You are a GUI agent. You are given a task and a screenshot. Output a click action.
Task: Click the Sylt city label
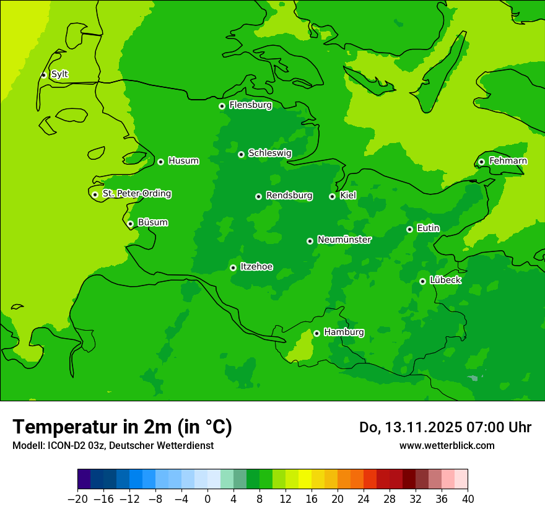(59, 74)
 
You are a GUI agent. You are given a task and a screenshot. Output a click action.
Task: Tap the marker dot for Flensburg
(222, 106)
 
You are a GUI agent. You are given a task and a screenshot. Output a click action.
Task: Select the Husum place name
(183, 161)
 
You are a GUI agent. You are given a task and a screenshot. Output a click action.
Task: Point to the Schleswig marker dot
(241, 154)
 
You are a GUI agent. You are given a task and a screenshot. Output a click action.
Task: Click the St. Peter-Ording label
(137, 194)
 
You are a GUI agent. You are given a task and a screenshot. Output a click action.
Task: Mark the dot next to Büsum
(130, 224)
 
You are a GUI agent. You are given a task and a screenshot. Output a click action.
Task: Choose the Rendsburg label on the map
(289, 196)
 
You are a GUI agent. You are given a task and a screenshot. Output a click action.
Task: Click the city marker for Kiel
(332, 196)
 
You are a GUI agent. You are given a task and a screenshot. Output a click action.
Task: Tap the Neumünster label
(344, 240)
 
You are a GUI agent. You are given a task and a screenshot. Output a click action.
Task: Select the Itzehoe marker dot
(233, 268)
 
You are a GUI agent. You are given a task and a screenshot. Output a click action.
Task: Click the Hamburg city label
(344, 333)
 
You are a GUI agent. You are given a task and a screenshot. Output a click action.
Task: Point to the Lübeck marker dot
(422, 281)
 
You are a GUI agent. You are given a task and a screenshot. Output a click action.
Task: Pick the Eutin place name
(428, 229)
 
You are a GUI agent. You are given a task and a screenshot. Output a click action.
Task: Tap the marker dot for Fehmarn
(481, 162)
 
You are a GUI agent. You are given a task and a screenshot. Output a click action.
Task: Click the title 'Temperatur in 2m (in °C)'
(122, 427)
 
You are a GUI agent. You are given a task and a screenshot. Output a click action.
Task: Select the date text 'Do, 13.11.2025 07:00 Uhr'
(445, 427)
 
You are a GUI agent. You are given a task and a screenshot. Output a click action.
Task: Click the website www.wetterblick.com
(447, 446)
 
